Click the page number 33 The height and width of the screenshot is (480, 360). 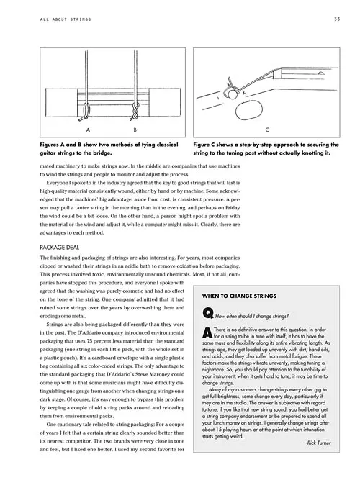pyautogui.click(x=337, y=19)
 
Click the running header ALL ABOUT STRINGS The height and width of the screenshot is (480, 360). pyautogui.click(x=66, y=19)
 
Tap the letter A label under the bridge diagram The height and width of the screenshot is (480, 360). pyautogui.click(x=88, y=130)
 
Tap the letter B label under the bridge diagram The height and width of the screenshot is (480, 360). pyautogui.click(x=135, y=130)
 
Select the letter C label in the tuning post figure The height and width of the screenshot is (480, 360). pyautogui.click(x=267, y=130)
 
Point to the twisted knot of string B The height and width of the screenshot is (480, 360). pyautogui.click(x=135, y=111)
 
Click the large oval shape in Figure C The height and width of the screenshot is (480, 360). pyautogui.click(x=249, y=109)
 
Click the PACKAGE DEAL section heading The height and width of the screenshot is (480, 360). pyautogui.click(x=60, y=248)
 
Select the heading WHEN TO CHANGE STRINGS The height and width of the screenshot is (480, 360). pyautogui.click(x=239, y=296)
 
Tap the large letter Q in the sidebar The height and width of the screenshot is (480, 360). pyautogui.click(x=208, y=313)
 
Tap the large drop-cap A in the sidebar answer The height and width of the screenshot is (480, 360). pyautogui.click(x=207, y=332)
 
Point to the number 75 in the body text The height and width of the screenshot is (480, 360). pyautogui.click(x=89, y=341)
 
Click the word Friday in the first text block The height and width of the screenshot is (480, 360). pyautogui.click(x=233, y=207)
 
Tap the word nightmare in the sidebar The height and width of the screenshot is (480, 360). pyautogui.click(x=212, y=370)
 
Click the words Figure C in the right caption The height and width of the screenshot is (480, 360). pyautogui.click(x=204, y=145)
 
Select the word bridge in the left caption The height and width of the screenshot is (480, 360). pyautogui.click(x=103, y=153)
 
